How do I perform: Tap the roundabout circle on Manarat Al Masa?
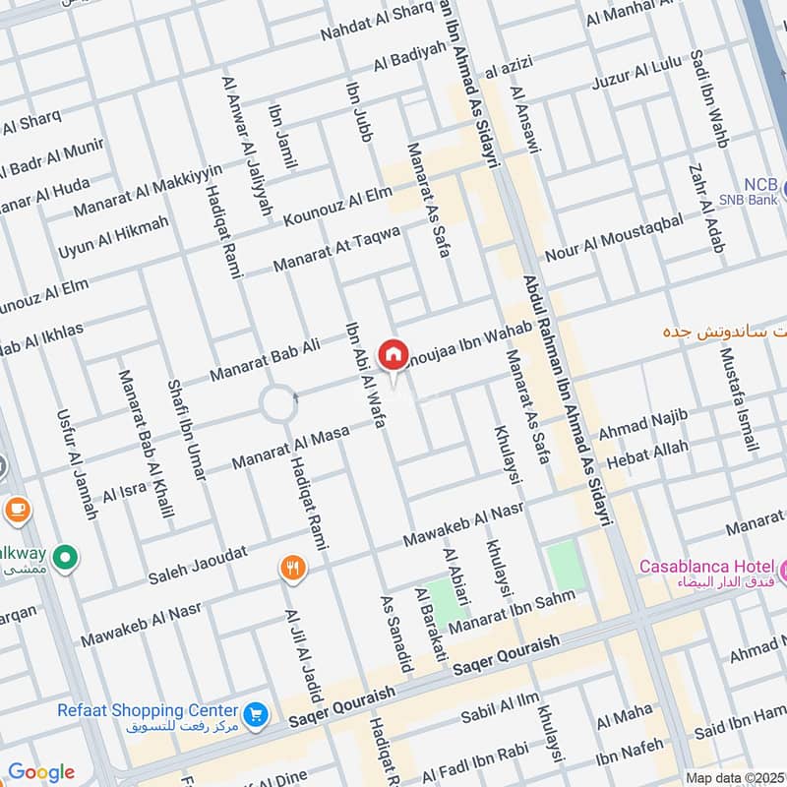tap(277, 403)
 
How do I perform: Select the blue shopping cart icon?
tap(256, 712)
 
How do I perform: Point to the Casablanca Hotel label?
tap(705, 567)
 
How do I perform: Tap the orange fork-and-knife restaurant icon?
tap(292, 567)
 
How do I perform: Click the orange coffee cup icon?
tap(17, 509)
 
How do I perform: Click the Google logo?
tap(40, 771)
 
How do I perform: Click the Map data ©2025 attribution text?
tap(735, 777)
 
